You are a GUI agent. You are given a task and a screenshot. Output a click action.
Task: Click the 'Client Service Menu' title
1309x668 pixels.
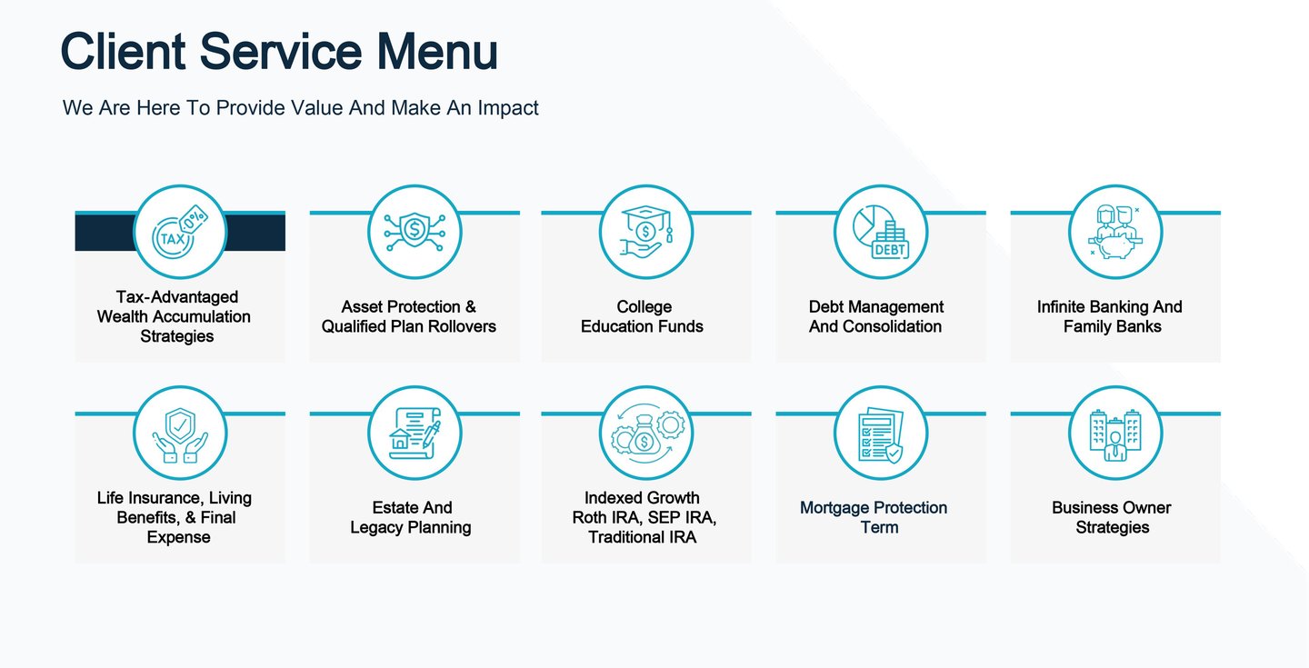[x=279, y=51]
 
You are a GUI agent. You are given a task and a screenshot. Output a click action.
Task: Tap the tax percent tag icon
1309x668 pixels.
[x=179, y=232]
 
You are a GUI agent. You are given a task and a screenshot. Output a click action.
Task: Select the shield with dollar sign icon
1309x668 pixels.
[x=415, y=232]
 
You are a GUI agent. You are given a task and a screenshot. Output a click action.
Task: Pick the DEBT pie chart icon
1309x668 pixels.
[x=880, y=232]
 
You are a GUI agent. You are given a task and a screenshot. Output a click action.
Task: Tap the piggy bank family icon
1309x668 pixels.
[x=1114, y=232]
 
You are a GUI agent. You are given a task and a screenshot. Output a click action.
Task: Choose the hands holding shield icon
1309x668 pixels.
[x=179, y=434]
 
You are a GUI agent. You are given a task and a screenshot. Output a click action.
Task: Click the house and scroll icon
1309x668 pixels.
[x=415, y=434]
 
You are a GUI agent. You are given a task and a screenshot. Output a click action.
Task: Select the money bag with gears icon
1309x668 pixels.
[x=646, y=434]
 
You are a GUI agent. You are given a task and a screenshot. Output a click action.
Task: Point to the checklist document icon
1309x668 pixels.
[x=880, y=434]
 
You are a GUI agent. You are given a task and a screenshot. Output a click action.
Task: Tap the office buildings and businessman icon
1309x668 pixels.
[x=1114, y=434]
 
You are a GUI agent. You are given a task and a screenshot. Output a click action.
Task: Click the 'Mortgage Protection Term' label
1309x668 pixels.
[x=874, y=517]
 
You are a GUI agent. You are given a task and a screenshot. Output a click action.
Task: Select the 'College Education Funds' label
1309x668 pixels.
[x=643, y=316]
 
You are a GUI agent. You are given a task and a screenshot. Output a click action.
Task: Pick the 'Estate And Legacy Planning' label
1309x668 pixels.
[x=411, y=517]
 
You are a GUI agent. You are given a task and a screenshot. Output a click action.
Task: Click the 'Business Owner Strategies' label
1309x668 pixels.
[x=1112, y=517]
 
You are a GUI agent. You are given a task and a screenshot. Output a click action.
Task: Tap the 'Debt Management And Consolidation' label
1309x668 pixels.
[x=876, y=316]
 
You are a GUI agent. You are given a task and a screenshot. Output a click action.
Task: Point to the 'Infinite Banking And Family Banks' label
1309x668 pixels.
[x=1111, y=316]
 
